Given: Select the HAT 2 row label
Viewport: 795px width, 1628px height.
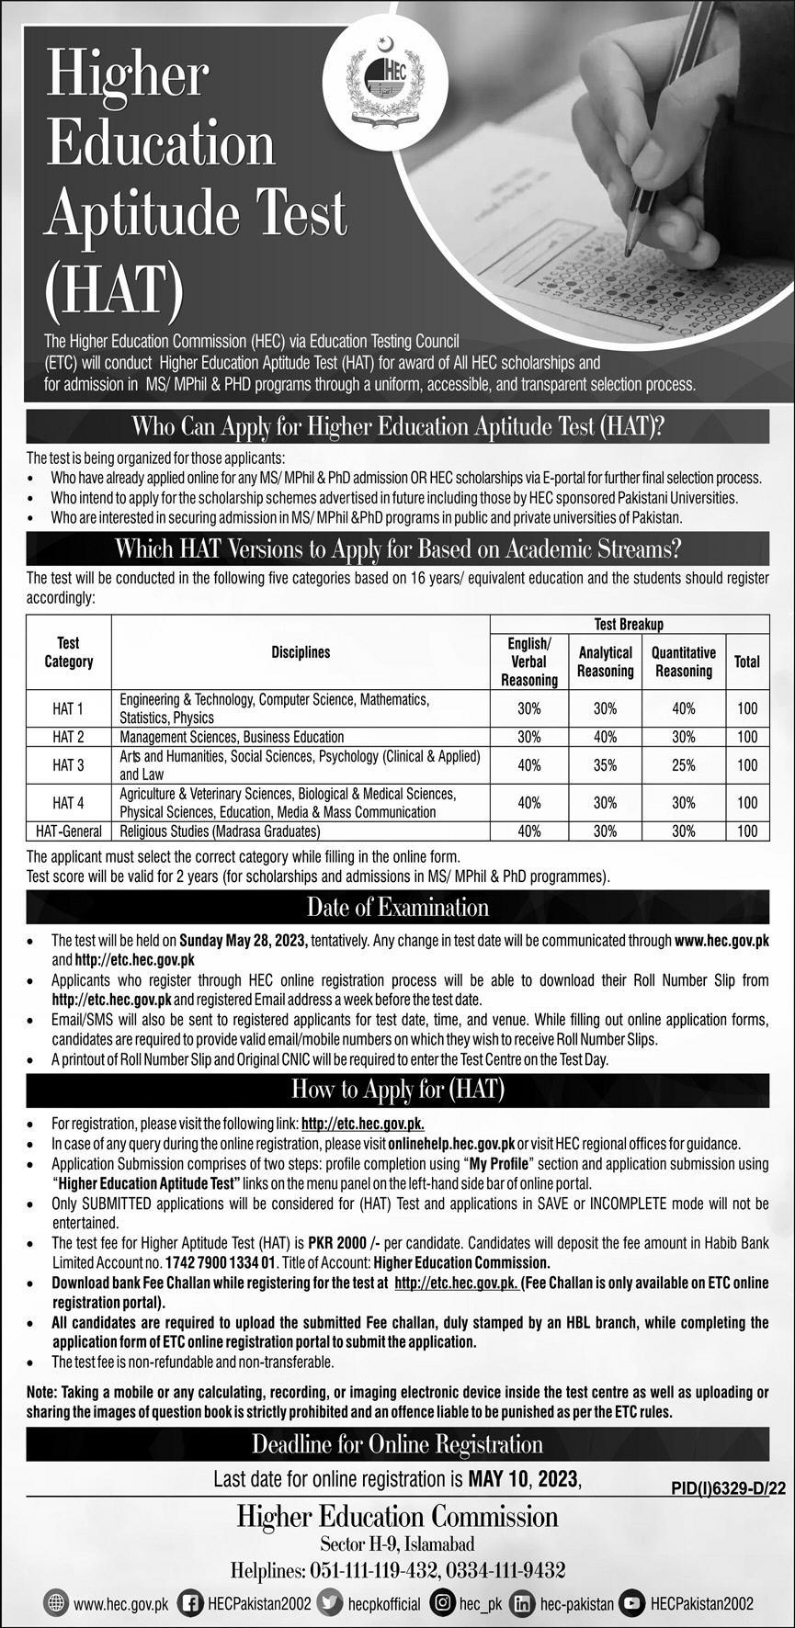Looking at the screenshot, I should coord(68,737).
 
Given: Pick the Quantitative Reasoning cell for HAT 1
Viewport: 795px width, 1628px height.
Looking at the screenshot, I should coord(683,708).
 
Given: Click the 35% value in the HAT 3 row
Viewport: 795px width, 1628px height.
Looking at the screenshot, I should coord(605,764).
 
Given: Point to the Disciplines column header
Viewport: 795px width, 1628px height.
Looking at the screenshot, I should coord(301,652).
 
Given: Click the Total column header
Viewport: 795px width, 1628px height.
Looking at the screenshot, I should coord(746,661).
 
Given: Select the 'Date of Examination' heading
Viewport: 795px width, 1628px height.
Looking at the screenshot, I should coord(397,908).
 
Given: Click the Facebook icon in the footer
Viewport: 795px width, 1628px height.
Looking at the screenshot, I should coord(190,1603).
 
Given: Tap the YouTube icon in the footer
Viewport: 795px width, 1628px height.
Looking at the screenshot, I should coord(631,1603).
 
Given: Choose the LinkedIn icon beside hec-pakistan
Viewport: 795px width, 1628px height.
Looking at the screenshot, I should coord(522,1603).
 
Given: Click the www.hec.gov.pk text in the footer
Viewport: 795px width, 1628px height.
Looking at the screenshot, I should coord(120,1604).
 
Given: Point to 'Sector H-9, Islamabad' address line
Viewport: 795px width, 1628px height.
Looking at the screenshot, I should coord(397,1544).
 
